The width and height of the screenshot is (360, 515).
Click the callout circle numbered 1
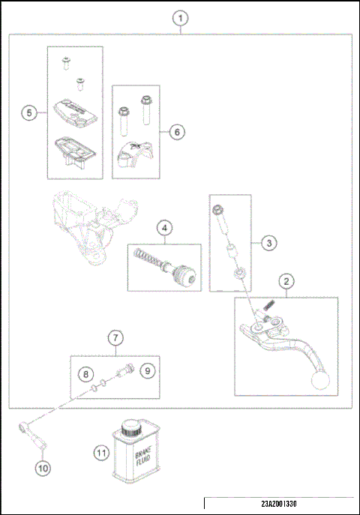pyautogui.click(x=180, y=19)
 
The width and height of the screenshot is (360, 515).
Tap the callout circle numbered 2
pyautogui.click(x=286, y=281)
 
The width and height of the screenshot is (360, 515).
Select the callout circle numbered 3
pyautogui.click(x=269, y=243)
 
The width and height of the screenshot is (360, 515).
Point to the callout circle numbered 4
pyautogui.click(x=164, y=228)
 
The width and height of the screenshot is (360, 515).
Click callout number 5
pyautogui.click(x=29, y=113)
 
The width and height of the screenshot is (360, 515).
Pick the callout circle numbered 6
pyautogui.click(x=177, y=132)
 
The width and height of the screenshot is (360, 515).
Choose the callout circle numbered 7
pyautogui.click(x=115, y=338)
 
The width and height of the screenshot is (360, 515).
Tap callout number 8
pyautogui.click(x=85, y=374)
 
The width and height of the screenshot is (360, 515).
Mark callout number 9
pyautogui.click(x=148, y=371)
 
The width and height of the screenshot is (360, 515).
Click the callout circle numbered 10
pyautogui.click(x=43, y=468)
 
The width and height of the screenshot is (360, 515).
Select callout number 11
pyautogui.click(x=101, y=453)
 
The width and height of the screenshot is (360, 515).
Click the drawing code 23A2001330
pyautogui.click(x=279, y=504)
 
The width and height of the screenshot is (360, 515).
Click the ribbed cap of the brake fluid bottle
pyautogui.click(x=132, y=428)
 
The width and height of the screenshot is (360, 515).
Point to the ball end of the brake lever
pyautogui.click(x=319, y=381)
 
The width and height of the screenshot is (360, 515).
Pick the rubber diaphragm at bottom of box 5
pyautogui.click(x=75, y=151)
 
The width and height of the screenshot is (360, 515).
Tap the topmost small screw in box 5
pyautogui.click(x=67, y=62)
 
